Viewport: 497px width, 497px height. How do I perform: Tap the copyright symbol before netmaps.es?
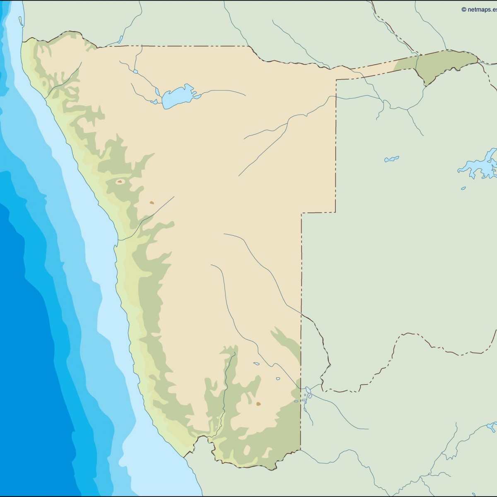(464, 9)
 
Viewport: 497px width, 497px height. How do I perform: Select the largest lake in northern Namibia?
(177, 97)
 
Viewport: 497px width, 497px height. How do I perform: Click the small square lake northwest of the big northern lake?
(135, 72)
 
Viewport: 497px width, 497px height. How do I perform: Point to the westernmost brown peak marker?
(120, 181)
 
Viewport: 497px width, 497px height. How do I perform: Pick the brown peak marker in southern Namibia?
(258, 403)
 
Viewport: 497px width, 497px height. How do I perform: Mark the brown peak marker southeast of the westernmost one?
(152, 203)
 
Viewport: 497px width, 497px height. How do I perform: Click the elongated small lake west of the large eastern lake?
(391, 159)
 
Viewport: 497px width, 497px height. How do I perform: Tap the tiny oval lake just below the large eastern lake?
(463, 188)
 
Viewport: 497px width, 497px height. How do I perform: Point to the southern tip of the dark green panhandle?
(426, 85)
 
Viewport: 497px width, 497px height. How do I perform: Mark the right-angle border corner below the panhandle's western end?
(336, 80)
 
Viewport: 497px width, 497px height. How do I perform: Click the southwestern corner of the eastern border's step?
(302, 213)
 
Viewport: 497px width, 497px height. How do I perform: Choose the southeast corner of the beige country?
(300, 449)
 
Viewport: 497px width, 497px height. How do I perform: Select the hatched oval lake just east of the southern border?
(308, 390)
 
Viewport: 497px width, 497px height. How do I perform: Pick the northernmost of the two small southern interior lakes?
(256, 364)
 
